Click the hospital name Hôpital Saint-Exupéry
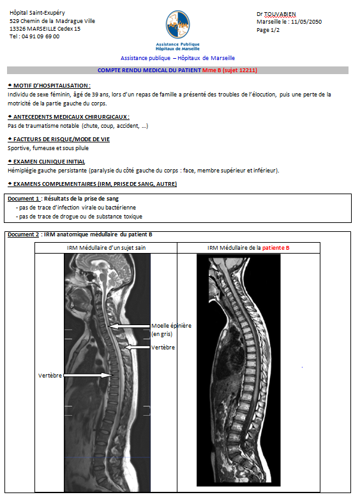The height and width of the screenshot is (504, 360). (37, 13)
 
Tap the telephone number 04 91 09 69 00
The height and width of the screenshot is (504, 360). (40, 36)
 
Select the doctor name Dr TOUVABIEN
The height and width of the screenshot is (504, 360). (276, 14)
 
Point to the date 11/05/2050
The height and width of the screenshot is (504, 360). (306, 22)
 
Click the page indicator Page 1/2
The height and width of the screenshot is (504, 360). (268, 30)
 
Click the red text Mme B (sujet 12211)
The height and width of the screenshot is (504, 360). (230, 70)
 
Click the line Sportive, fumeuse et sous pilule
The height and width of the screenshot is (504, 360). (48, 148)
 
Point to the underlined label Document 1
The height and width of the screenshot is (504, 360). (24, 199)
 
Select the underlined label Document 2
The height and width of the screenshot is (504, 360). (24, 234)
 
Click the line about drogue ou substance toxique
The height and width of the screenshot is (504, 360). (79, 217)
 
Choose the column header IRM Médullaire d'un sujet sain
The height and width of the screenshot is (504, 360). (106, 248)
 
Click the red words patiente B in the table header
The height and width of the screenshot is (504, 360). (276, 248)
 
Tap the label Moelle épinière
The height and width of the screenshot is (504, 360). (171, 326)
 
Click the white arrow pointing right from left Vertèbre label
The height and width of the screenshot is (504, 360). (87, 375)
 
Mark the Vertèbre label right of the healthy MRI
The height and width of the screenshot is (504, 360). (163, 347)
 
